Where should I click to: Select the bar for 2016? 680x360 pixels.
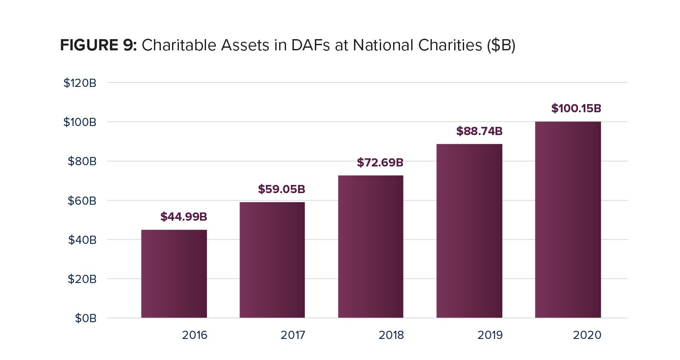(174, 274)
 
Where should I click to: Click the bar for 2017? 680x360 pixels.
(272, 260)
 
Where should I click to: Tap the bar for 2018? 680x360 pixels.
(371, 246)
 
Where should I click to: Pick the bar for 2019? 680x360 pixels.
(469, 231)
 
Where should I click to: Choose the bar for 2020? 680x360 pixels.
(568, 220)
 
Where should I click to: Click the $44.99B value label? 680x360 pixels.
(184, 217)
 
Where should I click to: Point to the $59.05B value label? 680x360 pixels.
(282, 189)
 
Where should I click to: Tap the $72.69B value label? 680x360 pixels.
(380, 163)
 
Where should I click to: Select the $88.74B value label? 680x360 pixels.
(479, 131)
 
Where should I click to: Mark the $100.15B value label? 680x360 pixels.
(576, 108)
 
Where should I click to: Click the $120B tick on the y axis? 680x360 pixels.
(80, 83)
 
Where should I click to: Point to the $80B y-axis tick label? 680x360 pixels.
(82, 161)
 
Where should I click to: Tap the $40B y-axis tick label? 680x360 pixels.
(82, 240)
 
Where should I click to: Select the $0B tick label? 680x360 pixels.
(86, 318)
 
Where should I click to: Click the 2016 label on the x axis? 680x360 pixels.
(194, 335)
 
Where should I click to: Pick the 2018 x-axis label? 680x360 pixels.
(391, 335)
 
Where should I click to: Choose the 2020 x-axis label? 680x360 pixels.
(587, 335)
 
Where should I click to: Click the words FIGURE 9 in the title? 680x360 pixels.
(98, 45)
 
